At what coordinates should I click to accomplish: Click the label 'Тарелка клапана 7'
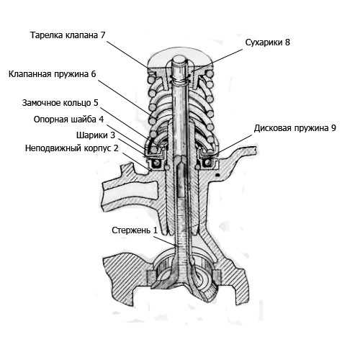pos(68,35)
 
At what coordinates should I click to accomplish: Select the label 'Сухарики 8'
pos(268,42)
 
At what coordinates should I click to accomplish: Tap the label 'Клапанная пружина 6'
pos(53,74)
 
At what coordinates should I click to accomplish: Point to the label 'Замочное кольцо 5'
pos(60,103)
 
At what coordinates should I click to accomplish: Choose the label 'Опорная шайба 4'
pos(68,120)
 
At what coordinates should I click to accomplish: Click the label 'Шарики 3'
pos(96,135)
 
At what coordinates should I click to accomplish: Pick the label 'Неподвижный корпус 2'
pos(72,148)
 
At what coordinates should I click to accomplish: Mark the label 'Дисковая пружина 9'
pos(295,128)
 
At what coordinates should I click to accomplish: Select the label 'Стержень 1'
pos(135,230)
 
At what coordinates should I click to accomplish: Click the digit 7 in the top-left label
pos(103,35)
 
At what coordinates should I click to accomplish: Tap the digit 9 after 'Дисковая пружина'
pos(333,128)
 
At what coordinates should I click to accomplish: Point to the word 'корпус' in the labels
pos(98,148)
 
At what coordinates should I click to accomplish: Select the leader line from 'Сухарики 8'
pos(217,60)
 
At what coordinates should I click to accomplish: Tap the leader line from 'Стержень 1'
pos(165,241)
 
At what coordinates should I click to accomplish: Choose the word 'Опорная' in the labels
pos(49,120)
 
